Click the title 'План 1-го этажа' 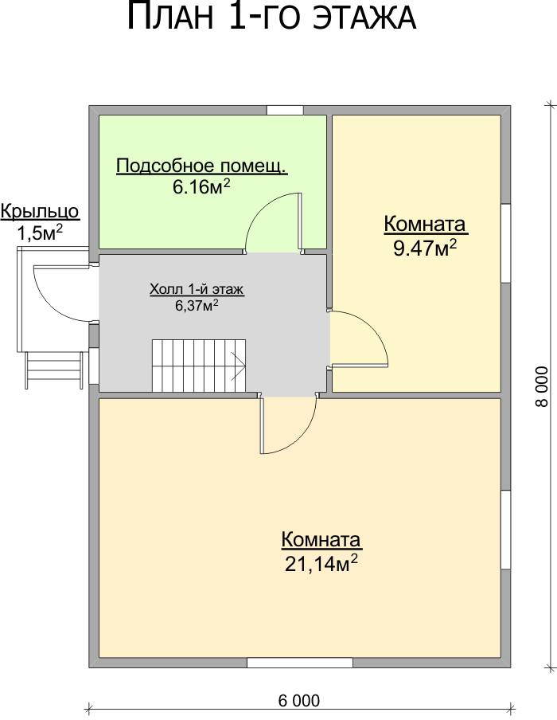coord(271,17)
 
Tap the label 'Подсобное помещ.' coord(202,166)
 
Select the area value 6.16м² coord(201,186)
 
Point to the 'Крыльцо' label coord(40,212)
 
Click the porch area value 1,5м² coord(40,233)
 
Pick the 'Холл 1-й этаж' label coord(197,290)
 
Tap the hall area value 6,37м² coord(196,305)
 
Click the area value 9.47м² coord(425,248)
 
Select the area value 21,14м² coord(321,563)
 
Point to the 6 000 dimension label coord(299,701)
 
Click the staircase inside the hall coord(199,366)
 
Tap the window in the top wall coord(285,110)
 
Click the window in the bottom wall coord(300,663)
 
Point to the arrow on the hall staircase coord(239,366)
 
